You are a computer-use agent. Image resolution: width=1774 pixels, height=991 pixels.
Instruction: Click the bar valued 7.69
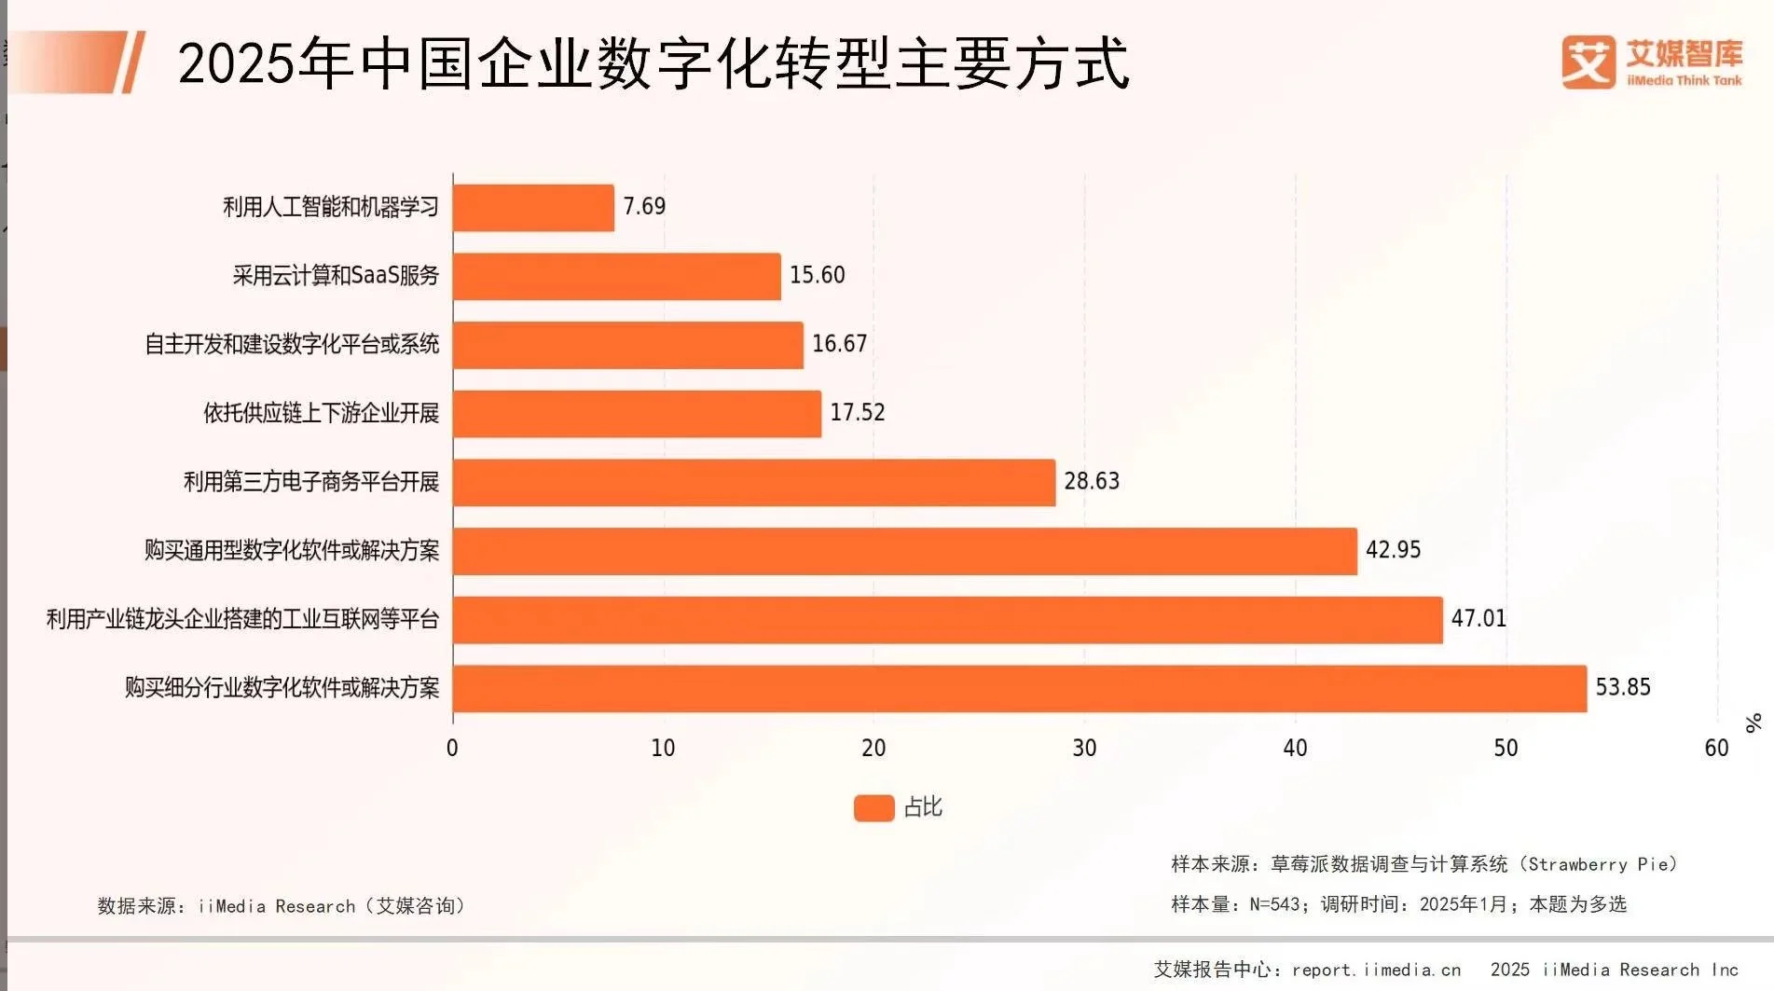pos(533,207)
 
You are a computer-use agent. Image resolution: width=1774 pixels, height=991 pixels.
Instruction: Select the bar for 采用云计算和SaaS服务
pos(616,276)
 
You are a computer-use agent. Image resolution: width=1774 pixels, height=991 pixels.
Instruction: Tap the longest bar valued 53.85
pos(1019,688)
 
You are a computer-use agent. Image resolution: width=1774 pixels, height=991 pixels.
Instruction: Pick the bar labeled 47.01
pos(947,619)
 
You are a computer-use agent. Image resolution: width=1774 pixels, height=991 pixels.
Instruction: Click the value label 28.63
pos(1092,481)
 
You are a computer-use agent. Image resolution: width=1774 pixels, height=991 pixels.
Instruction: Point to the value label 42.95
pos(1393,550)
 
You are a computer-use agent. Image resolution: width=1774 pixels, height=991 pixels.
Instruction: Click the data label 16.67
pos(839,344)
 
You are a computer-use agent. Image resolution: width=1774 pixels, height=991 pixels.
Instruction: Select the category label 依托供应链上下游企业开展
pos(321,413)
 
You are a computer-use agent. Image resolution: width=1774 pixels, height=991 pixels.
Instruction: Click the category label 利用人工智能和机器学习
pos(330,207)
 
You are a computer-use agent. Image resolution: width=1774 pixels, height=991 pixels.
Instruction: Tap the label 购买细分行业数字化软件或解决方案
pos(282,688)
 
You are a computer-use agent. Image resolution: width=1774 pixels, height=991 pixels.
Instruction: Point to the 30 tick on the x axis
pos(1084,748)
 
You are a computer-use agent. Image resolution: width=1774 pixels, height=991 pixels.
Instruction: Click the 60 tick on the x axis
pos(1715,748)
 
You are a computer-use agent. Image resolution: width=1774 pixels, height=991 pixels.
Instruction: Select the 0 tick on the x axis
pos(452,748)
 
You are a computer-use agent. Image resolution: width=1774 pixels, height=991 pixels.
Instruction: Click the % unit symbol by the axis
pos(1753,723)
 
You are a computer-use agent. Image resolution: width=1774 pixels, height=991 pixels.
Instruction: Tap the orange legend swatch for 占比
pos(873,807)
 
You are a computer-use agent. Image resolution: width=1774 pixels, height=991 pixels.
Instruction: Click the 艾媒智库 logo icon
pos(1588,62)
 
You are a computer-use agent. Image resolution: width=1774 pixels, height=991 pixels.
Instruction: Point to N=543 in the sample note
pos(1274,904)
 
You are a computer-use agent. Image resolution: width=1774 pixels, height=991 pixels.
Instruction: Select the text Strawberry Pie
pos(1599,864)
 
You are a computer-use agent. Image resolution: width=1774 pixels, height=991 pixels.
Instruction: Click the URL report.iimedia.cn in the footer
pos(1376,970)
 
